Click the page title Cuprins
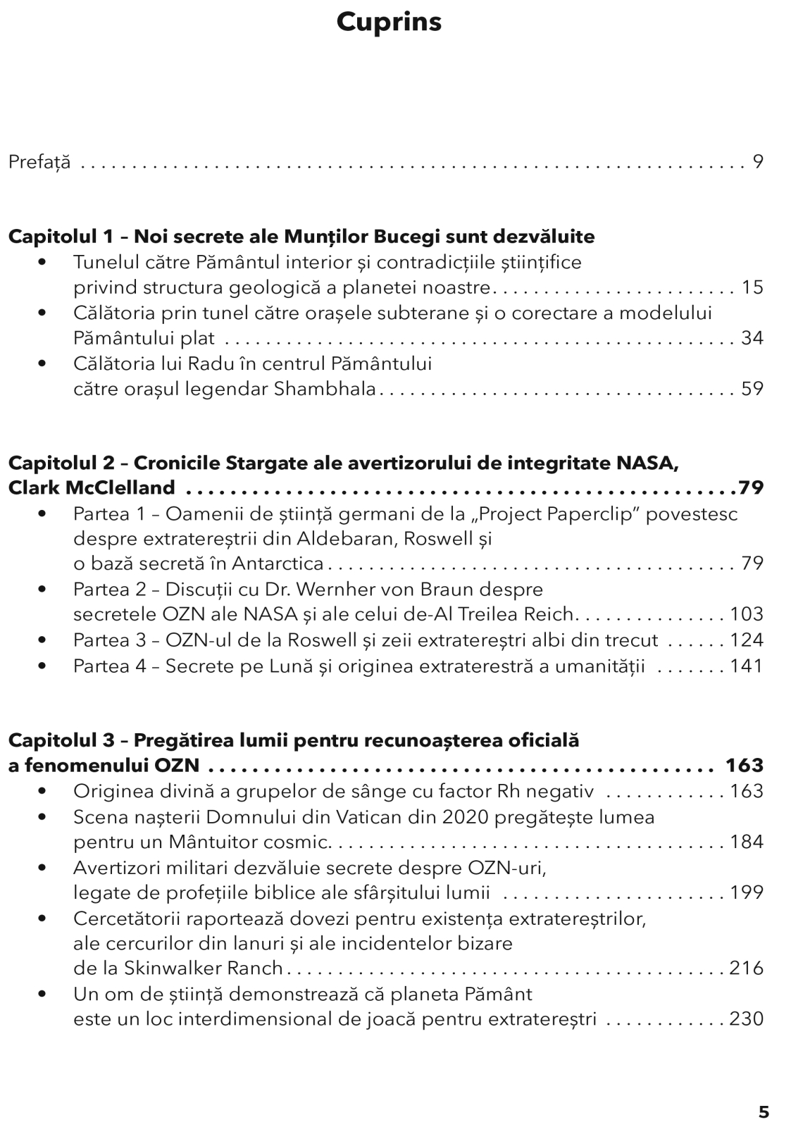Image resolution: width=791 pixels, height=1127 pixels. pyautogui.click(x=389, y=23)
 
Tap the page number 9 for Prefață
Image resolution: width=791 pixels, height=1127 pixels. pyautogui.click(x=758, y=162)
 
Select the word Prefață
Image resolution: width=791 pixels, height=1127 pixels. pyautogui.click(x=39, y=163)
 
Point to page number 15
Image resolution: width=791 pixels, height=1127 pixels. pyautogui.click(x=752, y=287)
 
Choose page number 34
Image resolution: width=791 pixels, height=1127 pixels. pyautogui.click(x=752, y=338)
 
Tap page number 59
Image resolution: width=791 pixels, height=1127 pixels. pyautogui.click(x=752, y=389)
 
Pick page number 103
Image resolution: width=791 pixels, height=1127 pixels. pyautogui.click(x=747, y=614)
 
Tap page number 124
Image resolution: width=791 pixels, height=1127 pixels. pyautogui.click(x=747, y=640)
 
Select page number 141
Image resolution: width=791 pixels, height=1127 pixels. pyautogui.click(x=747, y=666)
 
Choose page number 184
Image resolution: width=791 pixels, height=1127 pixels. pyautogui.click(x=747, y=842)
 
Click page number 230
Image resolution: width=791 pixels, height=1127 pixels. pyautogui.click(x=747, y=1019)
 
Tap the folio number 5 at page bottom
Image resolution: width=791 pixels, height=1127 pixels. pyautogui.click(x=764, y=1112)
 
